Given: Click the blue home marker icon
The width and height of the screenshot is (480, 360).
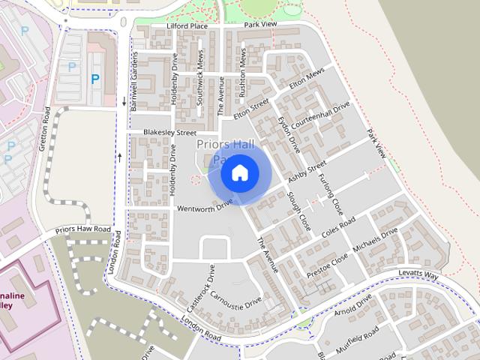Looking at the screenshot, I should point(240,173).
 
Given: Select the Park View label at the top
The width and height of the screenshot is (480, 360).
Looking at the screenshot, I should point(260,25).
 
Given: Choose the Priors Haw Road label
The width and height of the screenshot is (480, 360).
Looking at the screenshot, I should point(82,229).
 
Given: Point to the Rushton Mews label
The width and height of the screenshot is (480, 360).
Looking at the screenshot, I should point(242,72).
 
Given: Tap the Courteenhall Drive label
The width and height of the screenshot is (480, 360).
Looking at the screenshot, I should point(321,115).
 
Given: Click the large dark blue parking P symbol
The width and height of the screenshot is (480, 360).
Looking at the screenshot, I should point(95,79).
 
